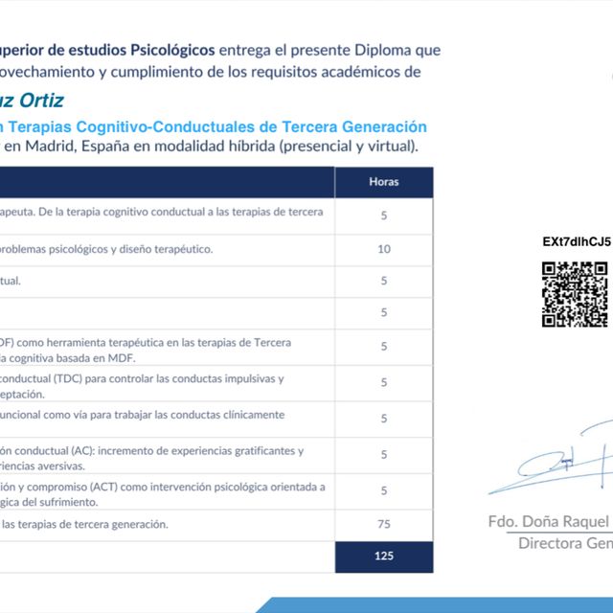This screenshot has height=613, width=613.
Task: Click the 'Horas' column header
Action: (x=383, y=181)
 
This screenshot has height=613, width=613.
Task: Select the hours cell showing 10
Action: (x=383, y=249)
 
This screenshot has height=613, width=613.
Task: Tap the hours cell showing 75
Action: (x=383, y=524)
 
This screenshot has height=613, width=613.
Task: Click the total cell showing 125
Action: (x=383, y=556)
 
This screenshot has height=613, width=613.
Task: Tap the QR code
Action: (x=575, y=294)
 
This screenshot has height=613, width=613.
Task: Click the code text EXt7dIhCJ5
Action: (x=576, y=241)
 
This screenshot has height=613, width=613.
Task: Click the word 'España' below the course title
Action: (x=110, y=147)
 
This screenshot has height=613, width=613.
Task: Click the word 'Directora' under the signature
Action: (x=552, y=544)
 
